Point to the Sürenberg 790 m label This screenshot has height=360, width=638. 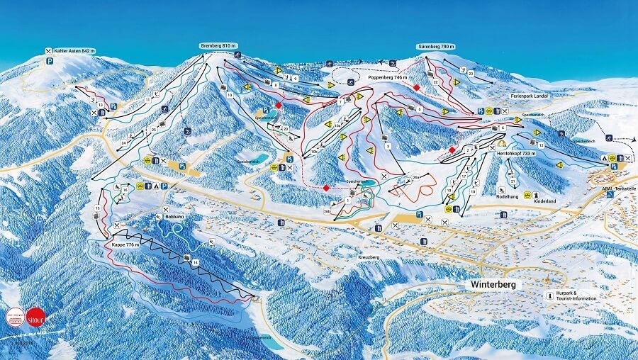pos(435,46)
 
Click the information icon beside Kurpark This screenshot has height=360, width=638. pos(548,295)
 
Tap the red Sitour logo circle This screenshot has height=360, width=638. pos(35,315)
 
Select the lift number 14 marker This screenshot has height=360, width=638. pos(195,262)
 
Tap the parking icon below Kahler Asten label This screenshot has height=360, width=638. pos(50,62)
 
